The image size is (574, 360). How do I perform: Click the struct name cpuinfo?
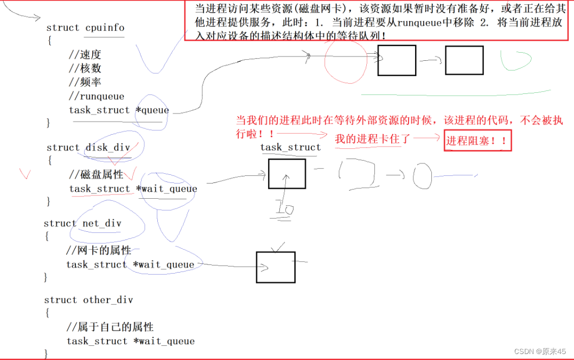click(x=105, y=28)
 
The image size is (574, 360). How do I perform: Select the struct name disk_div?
click(x=108, y=148)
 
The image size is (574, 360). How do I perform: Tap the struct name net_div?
click(x=102, y=224)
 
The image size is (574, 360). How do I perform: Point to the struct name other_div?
click(x=107, y=300)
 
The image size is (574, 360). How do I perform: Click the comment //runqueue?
click(x=97, y=97)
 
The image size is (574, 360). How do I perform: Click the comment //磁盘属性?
click(x=97, y=175)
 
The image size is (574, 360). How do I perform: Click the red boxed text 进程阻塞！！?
click(x=477, y=141)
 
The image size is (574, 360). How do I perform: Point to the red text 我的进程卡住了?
click(x=372, y=139)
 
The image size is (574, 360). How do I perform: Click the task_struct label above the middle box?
click(x=290, y=148)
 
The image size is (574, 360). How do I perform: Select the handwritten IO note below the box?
click(x=284, y=209)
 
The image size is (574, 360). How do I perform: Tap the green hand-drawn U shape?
click(x=515, y=61)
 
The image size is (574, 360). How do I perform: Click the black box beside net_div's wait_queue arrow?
click(x=276, y=267)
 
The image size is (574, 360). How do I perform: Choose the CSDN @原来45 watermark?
click(x=540, y=351)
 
